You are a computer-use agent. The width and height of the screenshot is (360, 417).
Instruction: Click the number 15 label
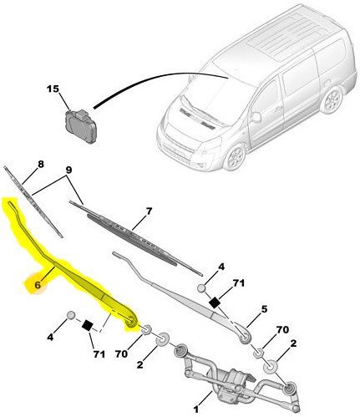point(53,89)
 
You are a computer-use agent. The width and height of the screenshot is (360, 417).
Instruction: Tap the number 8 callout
point(41,164)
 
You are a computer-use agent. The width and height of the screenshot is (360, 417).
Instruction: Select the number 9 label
point(68,170)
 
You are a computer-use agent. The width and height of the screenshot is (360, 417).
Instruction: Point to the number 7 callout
point(149,211)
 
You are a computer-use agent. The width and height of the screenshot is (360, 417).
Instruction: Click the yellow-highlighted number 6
point(38,285)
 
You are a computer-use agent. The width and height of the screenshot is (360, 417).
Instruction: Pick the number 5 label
point(264,309)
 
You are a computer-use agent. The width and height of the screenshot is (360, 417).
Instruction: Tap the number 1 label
point(196,409)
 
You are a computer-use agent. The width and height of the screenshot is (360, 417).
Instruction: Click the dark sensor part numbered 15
point(81,126)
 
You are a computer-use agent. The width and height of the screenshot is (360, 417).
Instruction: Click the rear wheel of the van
point(332,100)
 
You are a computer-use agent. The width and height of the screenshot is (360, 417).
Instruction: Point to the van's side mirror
point(256,117)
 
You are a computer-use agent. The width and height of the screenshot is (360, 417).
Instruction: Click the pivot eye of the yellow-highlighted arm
point(130,322)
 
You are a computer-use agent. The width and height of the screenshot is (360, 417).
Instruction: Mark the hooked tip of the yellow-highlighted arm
point(11,204)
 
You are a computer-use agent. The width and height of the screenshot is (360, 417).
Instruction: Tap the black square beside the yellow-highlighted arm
point(89,325)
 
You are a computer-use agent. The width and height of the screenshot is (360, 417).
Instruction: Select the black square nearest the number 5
point(215,303)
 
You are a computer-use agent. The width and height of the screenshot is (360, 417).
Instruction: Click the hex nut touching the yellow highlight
point(146,330)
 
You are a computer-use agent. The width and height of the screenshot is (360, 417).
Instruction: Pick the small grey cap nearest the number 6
point(72,315)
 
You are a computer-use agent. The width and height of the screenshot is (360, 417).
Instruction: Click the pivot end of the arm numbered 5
point(245,338)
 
